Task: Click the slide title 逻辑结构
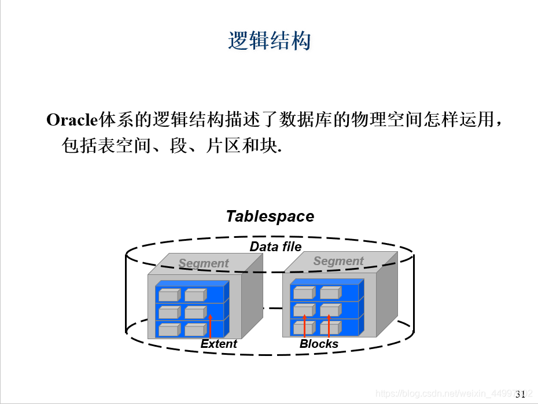coord(270,41)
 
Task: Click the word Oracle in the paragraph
coord(70,120)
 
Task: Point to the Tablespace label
coord(270,216)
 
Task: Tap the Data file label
coord(275,247)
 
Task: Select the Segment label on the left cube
coord(204,263)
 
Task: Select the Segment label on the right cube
coord(338,261)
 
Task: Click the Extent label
coord(219,344)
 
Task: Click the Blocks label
coord(319,344)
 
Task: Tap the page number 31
coord(519,394)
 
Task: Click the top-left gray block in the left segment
coord(169,295)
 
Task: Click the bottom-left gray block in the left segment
coord(169,330)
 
